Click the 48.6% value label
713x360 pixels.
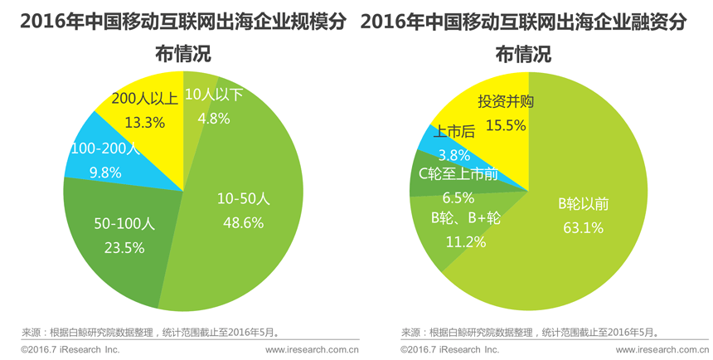point(240,222)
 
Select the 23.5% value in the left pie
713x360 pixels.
point(124,247)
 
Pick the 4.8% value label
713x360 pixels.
point(213,118)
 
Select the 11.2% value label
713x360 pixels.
point(465,241)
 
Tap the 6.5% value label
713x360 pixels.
point(458,197)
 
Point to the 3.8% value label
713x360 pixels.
point(454,154)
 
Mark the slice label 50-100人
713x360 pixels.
point(124,224)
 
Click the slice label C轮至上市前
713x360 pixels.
point(458,174)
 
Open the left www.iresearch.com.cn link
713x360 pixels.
point(312,350)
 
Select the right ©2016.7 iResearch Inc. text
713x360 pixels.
point(449,350)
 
